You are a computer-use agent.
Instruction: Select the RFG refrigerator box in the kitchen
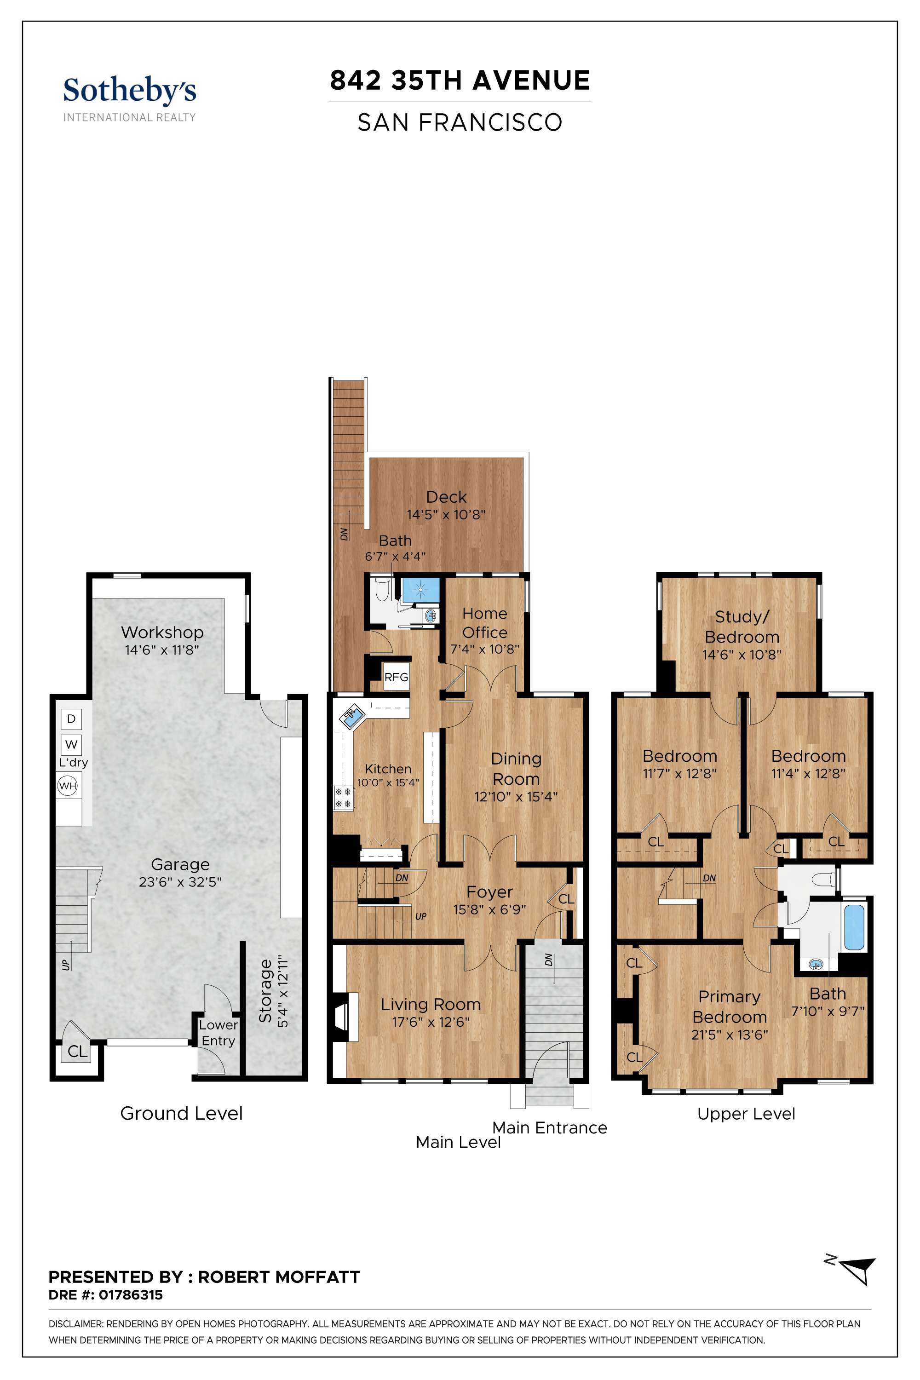click(x=396, y=677)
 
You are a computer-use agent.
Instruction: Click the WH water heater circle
click(x=68, y=786)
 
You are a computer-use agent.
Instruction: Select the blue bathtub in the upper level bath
click(x=853, y=928)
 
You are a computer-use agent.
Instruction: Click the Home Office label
click(x=485, y=623)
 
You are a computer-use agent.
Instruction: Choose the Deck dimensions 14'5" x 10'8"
click(x=447, y=515)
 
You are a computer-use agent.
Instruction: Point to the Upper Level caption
click(x=746, y=1114)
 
